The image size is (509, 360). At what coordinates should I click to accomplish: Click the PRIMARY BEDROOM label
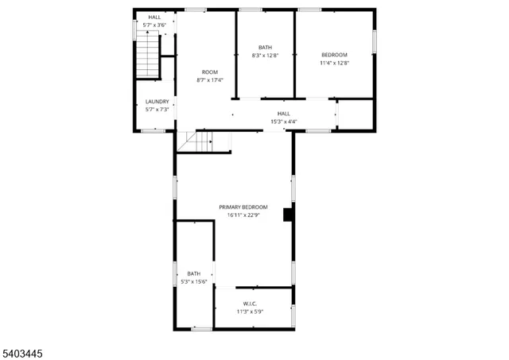point(243,207)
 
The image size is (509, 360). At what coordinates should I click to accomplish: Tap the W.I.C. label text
point(251,303)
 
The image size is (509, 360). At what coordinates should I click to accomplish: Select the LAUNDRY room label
point(157,101)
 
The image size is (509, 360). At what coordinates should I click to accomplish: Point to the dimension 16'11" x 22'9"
point(243,215)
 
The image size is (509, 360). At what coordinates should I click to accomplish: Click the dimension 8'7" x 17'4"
point(210,80)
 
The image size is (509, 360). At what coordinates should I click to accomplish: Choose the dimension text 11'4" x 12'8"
point(334,63)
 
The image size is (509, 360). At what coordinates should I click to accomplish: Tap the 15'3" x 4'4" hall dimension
point(283,122)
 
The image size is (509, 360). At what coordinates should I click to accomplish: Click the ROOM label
point(210,72)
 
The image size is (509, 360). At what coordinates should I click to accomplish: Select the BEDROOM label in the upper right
point(334,54)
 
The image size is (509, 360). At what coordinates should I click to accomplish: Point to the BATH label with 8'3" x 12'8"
point(265,48)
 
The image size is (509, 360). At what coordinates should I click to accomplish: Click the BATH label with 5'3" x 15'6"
point(194,273)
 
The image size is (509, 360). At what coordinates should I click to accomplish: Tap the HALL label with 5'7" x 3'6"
point(154,17)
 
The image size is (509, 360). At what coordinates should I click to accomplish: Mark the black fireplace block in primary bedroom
point(288,214)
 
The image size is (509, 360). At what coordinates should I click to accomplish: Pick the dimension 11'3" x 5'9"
point(251,312)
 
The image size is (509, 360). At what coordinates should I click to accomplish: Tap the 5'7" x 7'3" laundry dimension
point(157,109)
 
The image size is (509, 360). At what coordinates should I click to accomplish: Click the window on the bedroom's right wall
point(374,41)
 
